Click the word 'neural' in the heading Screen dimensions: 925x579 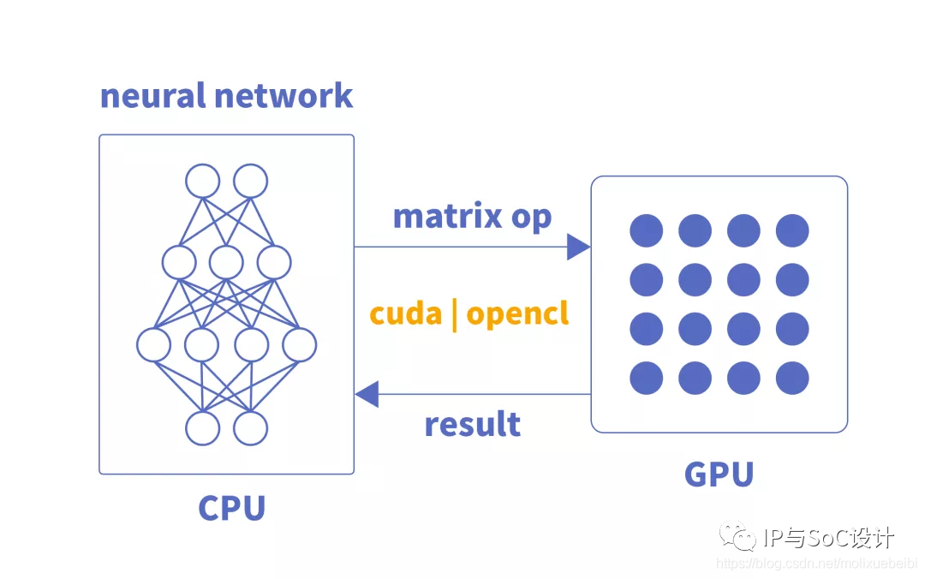(x=152, y=96)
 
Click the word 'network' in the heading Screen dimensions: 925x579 (x=283, y=96)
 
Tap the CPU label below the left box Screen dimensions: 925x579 (x=232, y=508)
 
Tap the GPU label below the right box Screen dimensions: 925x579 (x=719, y=474)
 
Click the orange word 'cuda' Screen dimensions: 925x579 (x=406, y=313)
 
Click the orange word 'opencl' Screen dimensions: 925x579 (x=517, y=314)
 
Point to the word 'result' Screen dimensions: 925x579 (x=473, y=424)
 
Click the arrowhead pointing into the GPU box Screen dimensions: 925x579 (x=578, y=247)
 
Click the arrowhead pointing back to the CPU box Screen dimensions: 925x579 (x=367, y=394)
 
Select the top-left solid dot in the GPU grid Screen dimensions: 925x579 (x=646, y=230)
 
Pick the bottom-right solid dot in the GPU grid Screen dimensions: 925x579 (x=792, y=378)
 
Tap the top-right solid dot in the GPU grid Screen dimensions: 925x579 (x=792, y=230)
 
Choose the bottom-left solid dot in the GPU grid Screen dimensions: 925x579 (x=646, y=378)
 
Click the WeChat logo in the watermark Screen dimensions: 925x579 (x=737, y=535)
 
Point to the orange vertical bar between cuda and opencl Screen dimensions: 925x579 (x=454, y=314)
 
